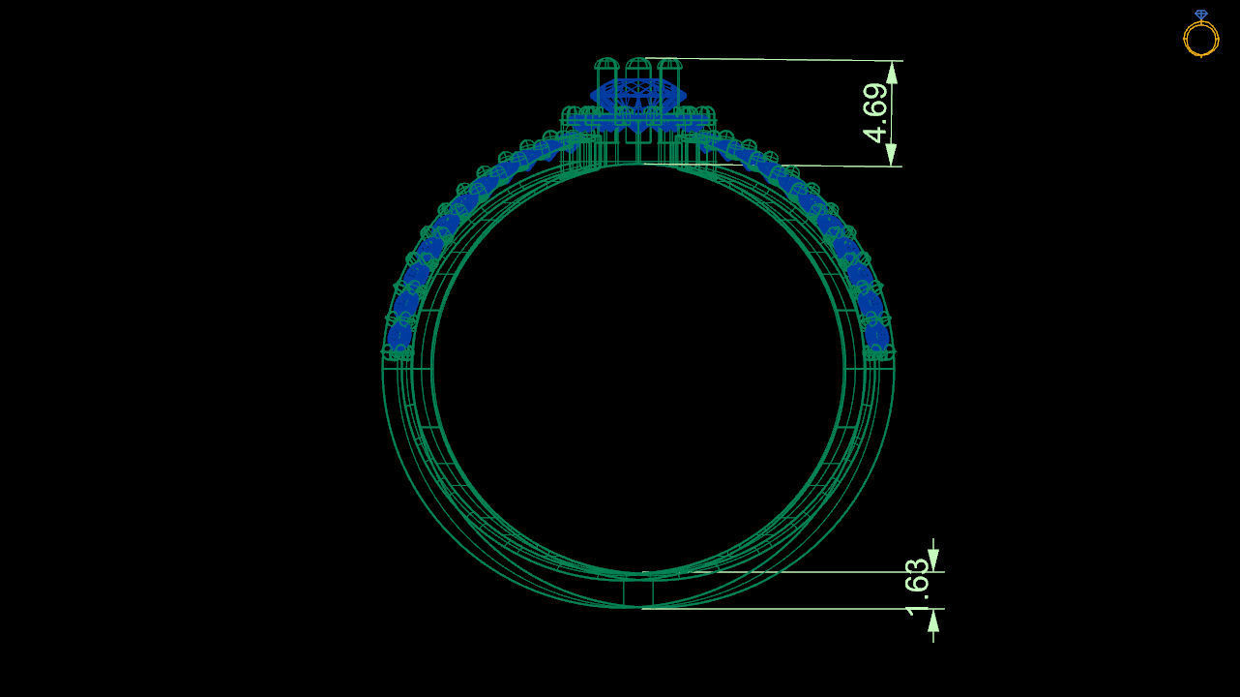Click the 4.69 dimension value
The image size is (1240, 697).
pos(876,112)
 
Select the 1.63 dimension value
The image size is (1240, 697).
pos(918,588)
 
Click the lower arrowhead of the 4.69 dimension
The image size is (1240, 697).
pos(892,155)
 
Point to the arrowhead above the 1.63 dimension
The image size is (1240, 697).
pos(933,561)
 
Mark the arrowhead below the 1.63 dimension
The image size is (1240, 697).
pos(933,621)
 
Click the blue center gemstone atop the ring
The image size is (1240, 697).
pos(638,95)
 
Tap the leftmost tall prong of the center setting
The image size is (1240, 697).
pos(606,70)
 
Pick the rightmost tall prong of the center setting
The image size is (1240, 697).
pos(670,70)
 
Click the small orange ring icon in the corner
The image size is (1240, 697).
pos(1201,38)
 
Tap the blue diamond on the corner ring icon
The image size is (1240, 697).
pos(1201,15)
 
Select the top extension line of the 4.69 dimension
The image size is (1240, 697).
pos(774,59)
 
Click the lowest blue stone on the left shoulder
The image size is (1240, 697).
pos(399,337)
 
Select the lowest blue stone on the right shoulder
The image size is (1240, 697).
pos(877,337)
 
